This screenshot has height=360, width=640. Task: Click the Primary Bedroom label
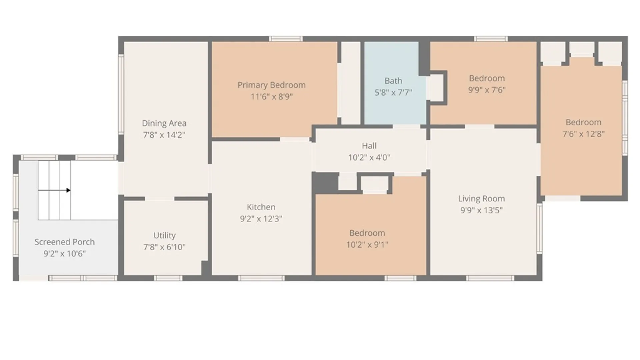(271, 85)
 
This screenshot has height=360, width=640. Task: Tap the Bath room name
(393, 81)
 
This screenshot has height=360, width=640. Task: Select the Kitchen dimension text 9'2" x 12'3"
(261, 219)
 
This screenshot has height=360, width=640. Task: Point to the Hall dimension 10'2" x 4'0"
(369, 157)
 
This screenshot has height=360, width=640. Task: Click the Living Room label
(481, 199)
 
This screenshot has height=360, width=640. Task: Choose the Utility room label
(164, 236)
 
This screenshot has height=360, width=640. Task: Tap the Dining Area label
(164, 123)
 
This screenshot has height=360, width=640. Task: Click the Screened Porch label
(65, 242)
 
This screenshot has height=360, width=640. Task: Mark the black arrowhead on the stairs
(68, 190)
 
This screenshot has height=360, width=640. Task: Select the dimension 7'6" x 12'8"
(583, 134)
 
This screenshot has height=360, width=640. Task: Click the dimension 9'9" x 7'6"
(487, 90)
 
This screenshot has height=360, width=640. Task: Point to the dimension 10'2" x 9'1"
(367, 245)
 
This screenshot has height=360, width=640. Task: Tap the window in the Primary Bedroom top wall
(286, 39)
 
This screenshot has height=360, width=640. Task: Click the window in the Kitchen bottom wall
(261, 278)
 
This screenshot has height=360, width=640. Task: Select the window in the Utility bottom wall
(168, 278)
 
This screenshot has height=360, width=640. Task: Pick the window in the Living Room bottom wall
(490, 278)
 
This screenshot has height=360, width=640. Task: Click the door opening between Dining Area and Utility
(160, 199)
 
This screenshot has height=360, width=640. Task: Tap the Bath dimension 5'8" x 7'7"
(393, 93)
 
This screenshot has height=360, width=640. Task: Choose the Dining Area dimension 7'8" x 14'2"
(164, 135)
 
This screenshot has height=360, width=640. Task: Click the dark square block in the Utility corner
(205, 268)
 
